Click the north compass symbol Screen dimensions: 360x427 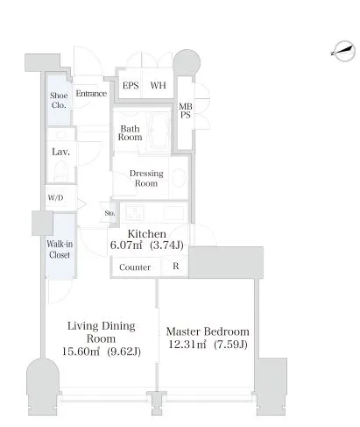point(344,51)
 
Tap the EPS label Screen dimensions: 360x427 point(131,86)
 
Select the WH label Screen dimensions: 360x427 point(158,85)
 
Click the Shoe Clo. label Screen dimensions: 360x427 point(59,100)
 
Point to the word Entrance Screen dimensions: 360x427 point(91,94)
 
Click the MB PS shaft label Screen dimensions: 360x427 point(186,110)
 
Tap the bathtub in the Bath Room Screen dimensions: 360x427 point(158,131)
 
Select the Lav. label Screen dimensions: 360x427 point(60,152)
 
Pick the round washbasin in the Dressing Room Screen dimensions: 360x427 point(179,177)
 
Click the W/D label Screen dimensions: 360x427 point(55,198)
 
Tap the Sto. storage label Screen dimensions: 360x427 point(109,213)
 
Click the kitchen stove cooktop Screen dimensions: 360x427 point(135,212)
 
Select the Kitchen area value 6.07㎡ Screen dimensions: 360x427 point(126,245)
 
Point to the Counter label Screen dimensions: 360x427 point(135,267)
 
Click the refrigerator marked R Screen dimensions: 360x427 point(174,266)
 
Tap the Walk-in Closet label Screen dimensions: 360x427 point(60,249)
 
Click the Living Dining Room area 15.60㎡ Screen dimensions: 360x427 point(81,351)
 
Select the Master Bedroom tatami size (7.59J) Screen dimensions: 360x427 point(230,345)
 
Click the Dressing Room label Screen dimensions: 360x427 point(146,178)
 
